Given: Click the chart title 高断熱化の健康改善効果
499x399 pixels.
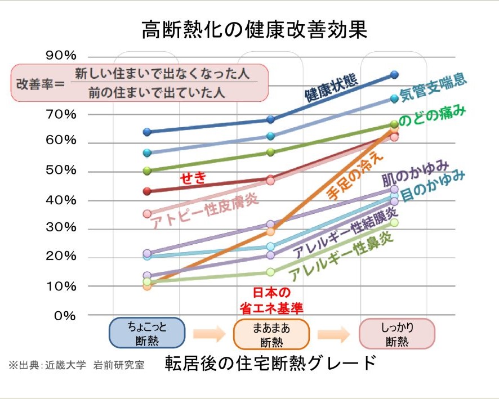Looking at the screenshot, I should pos(255,29).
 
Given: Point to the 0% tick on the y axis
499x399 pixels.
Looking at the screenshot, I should pos(65,315).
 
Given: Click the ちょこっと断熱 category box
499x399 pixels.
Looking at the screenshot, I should pos(147,333).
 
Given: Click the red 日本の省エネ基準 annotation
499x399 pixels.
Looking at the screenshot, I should pos(271,300).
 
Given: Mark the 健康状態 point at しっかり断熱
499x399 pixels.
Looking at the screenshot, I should pos(394,74).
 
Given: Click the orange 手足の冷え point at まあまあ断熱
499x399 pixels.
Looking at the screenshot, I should pos(270,231).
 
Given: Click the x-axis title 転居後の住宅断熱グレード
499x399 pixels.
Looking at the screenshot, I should pos(270,363).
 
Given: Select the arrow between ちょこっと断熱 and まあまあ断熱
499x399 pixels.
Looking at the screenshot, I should pos(209,334).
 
